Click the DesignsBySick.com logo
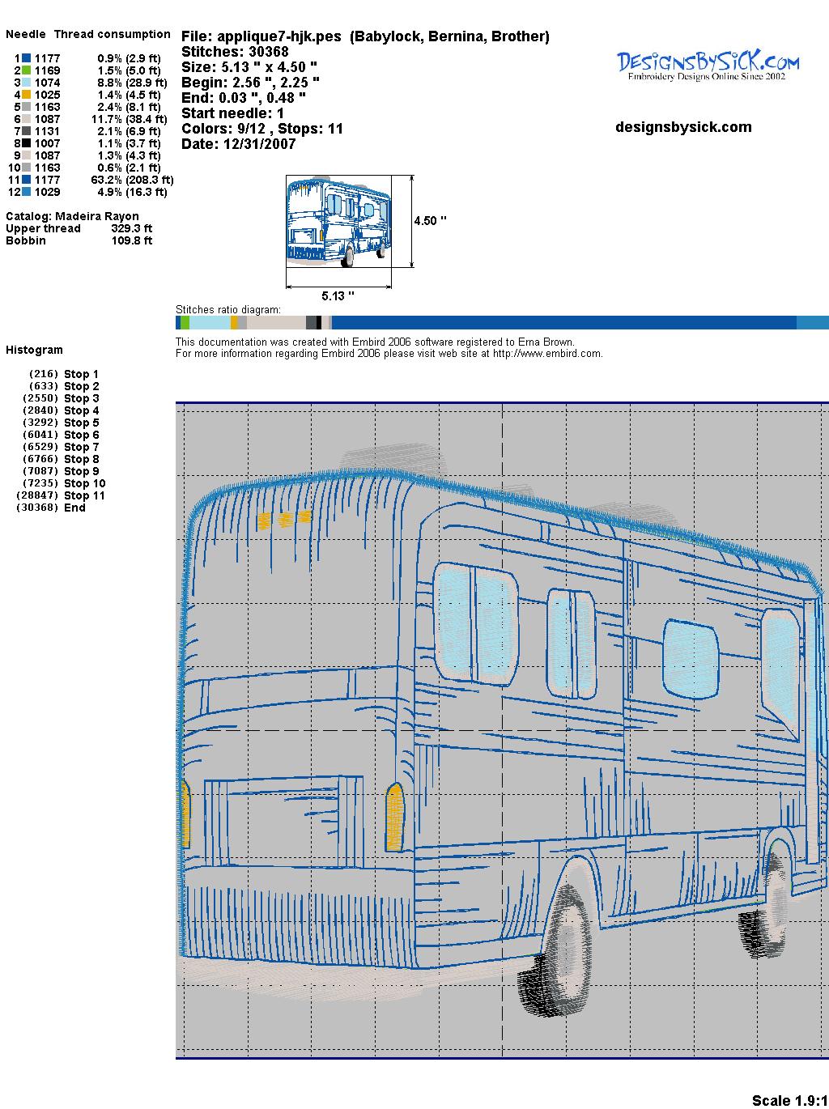tap(708, 66)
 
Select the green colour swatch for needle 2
tap(27, 70)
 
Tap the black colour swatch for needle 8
tap(27, 143)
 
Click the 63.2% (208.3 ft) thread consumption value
tap(132, 180)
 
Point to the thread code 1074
tap(48, 83)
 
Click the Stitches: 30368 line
tap(235, 52)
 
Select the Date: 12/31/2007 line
tap(239, 144)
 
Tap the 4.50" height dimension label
tap(430, 221)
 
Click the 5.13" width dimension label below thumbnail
tap(338, 295)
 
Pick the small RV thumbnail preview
tap(339, 221)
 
